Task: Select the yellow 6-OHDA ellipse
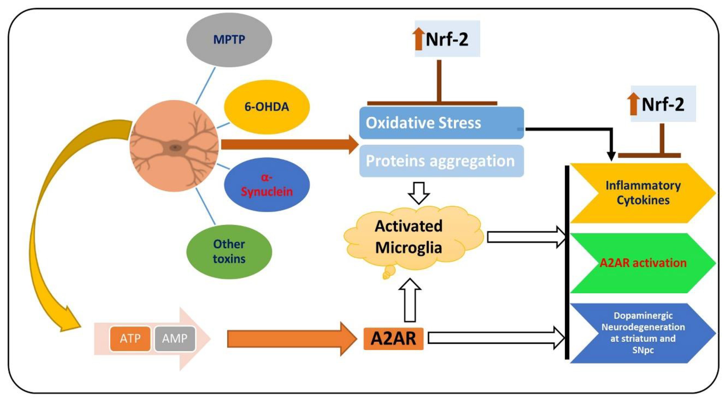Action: [x=267, y=107]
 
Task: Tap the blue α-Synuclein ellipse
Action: [x=267, y=185]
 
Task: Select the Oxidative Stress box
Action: [x=441, y=123]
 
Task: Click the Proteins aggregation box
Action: [x=441, y=161]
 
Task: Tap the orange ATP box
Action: [x=130, y=339]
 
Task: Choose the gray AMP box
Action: [x=175, y=339]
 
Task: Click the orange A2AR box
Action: [x=394, y=339]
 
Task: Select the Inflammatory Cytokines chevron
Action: [x=643, y=193]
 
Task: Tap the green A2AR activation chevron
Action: [x=643, y=263]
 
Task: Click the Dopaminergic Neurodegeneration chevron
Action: [x=643, y=333]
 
